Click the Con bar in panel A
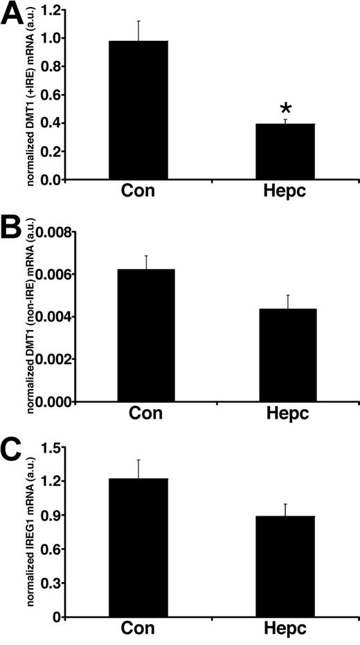[x=138, y=110]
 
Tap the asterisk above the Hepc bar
[x=285, y=109]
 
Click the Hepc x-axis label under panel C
[x=285, y=631]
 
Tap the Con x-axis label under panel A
[x=138, y=194]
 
